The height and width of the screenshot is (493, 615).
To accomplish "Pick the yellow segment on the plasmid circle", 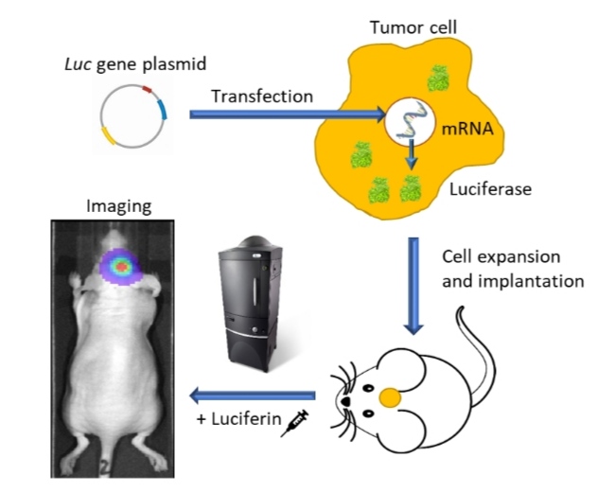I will point(114,138).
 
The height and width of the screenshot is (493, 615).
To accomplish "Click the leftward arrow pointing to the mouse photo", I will point(251,394).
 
